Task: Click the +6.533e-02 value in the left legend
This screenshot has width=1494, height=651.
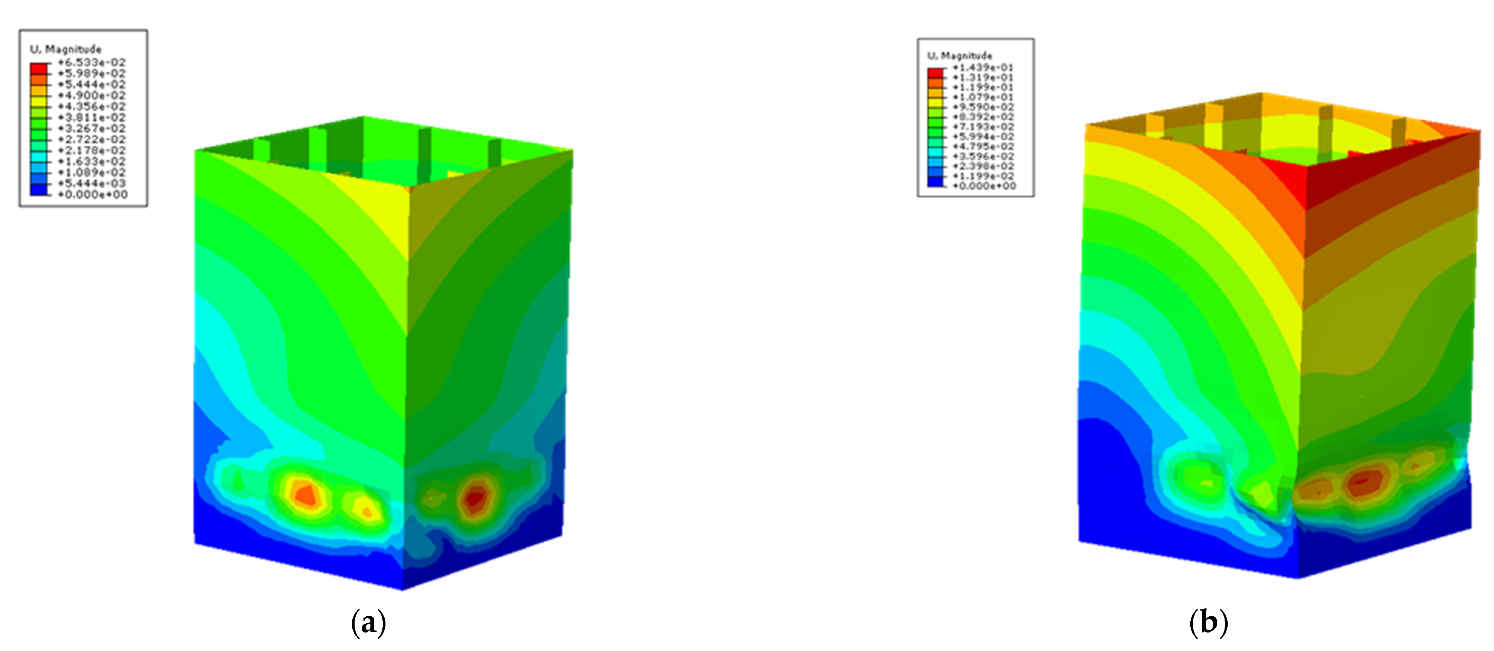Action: [92, 62]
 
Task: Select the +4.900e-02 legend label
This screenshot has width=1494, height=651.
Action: [92, 96]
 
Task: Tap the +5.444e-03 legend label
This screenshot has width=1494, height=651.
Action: [92, 183]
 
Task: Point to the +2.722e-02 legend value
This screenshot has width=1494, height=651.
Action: [92, 139]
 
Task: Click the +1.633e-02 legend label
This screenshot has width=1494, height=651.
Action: [92, 161]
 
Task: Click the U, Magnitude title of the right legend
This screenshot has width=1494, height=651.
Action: [960, 56]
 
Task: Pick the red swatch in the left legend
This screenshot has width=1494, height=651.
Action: [39, 68]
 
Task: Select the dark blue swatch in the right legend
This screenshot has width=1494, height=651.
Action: [935, 182]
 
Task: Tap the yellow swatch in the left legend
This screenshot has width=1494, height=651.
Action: [39, 101]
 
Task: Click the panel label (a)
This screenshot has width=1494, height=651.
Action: [368, 623]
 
